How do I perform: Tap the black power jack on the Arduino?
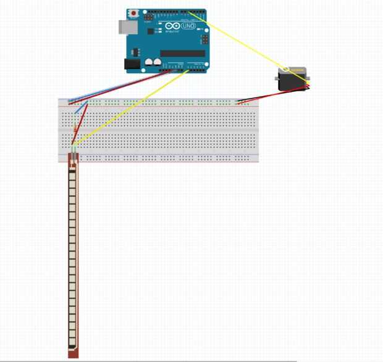(132, 64)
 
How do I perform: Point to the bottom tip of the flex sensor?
(73, 355)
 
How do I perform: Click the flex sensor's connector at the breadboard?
(74, 158)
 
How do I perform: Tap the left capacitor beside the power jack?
(149, 63)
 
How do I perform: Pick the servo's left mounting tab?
(277, 78)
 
